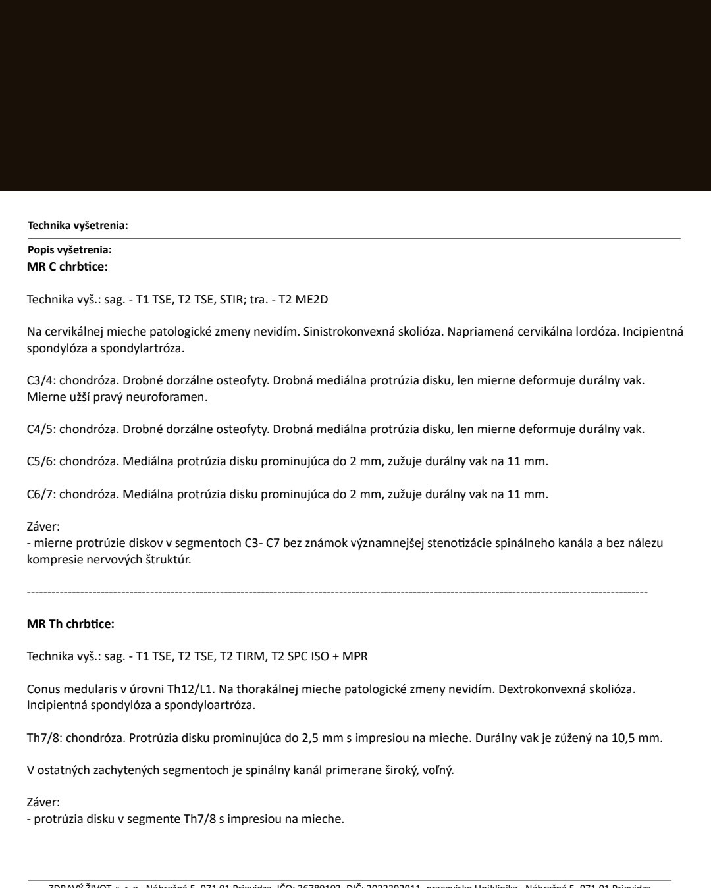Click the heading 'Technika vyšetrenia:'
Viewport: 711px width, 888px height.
click(78, 226)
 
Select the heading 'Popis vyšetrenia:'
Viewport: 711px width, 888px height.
click(69, 250)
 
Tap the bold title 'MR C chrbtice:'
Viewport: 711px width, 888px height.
click(67, 267)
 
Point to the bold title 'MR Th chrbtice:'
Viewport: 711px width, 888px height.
click(70, 624)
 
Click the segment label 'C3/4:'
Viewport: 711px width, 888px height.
click(41, 381)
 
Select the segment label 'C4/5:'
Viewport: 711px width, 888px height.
click(41, 430)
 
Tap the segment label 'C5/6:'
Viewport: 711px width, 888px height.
click(41, 462)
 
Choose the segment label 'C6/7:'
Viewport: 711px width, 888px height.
click(41, 494)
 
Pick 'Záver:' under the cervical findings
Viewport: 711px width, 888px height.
click(43, 527)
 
